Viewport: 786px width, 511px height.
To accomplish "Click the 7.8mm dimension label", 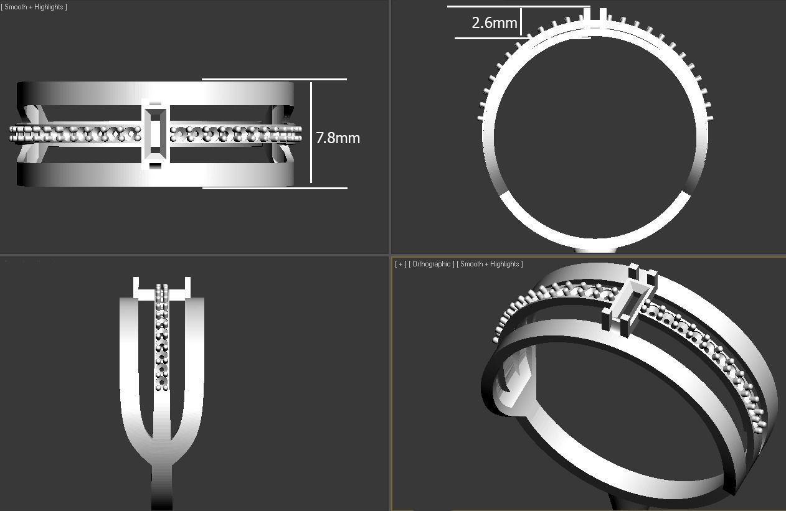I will (338, 138).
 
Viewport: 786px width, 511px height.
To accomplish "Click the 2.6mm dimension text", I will (494, 23).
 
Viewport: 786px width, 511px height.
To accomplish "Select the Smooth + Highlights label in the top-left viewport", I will (34, 7).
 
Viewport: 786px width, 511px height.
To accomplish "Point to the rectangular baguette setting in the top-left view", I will (155, 134).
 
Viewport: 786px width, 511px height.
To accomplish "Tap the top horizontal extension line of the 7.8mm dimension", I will (274, 80).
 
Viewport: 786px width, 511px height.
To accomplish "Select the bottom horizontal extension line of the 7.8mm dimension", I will (274, 187).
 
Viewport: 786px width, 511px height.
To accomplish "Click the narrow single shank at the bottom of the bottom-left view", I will (161, 485).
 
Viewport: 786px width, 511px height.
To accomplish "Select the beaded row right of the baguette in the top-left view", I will (234, 134).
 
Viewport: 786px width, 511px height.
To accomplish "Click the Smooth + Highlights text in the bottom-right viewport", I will (490, 264).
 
